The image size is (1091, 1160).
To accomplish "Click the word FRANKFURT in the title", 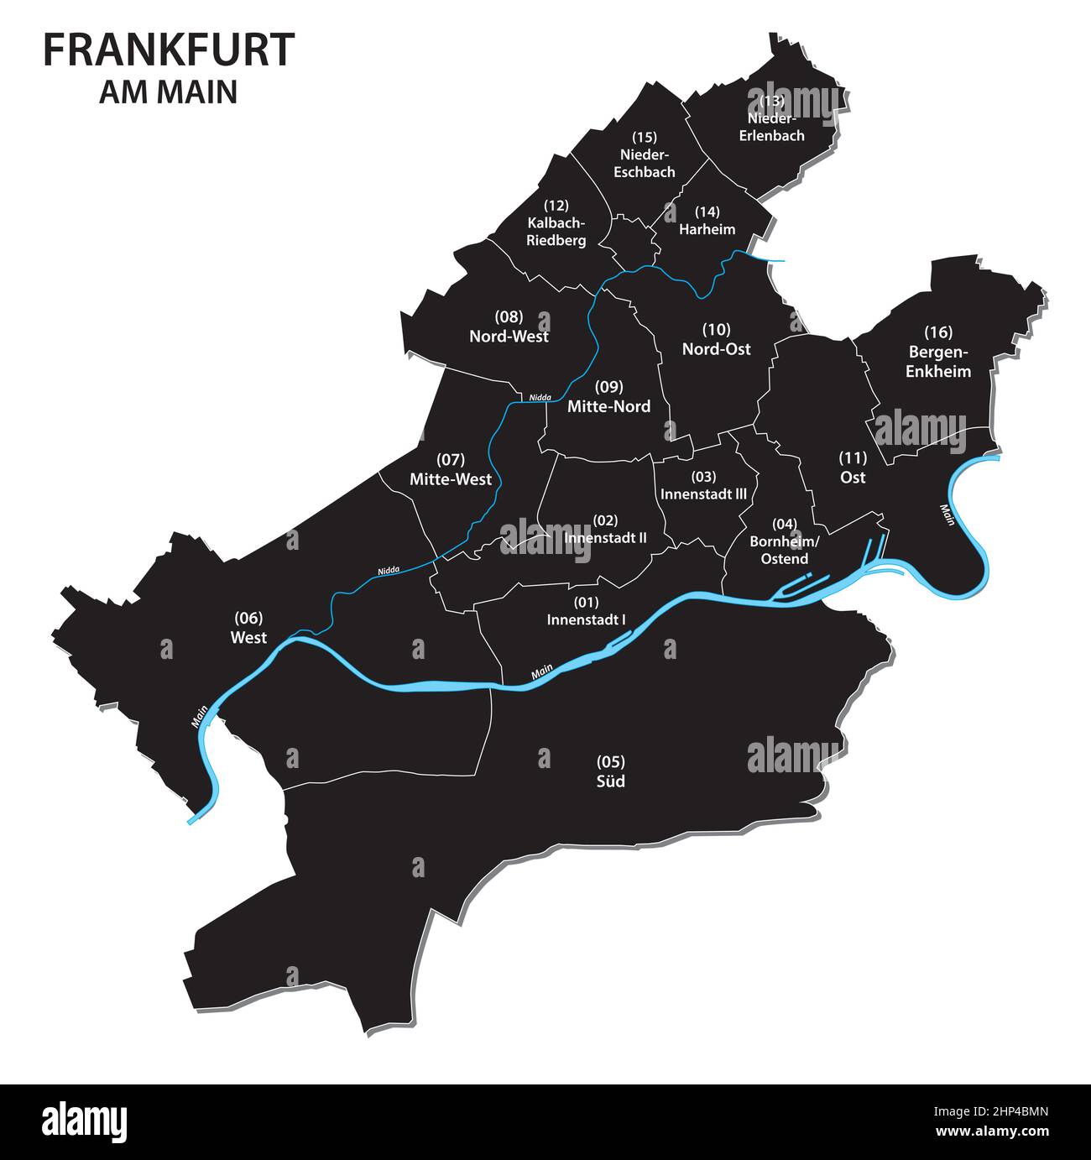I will coord(168,50).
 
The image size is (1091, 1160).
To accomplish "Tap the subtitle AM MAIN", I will coord(168,91).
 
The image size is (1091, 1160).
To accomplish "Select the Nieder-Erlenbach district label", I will coord(771,127).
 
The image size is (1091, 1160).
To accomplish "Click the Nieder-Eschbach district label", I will coord(645,164).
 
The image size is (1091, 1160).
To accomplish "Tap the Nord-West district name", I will coord(509,337).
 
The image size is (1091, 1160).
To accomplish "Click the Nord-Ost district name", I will coord(716,348).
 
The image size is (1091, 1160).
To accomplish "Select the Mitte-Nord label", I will coord(608,407).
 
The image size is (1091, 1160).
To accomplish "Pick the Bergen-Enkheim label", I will coord(937,362).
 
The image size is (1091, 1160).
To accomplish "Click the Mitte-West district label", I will coord(451,480).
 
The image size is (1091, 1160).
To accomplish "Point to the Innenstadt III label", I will coord(703,494).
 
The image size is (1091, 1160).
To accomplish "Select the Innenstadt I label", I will coord(587,620).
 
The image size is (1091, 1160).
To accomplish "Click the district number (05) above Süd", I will coord(610,762).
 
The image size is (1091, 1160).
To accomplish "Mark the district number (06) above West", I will coord(248,619).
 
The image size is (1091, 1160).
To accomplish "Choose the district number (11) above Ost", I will coord(853,457).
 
